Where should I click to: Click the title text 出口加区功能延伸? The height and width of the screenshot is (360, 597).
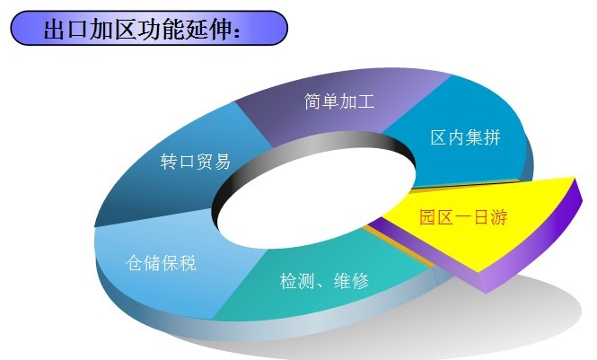[138, 29]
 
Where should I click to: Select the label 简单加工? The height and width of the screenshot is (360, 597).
[339, 101]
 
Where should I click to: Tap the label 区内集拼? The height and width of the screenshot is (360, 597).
[465, 137]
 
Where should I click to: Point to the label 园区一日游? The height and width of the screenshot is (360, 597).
[463, 217]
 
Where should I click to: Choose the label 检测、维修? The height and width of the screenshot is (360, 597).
[324, 281]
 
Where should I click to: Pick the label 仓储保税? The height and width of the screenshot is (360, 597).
[161, 262]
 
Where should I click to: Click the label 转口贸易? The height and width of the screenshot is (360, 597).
[196, 162]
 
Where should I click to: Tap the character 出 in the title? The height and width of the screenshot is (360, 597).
[55, 29]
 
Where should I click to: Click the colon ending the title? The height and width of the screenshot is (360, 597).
[237, 32]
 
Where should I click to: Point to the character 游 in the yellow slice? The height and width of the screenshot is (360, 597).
[499, 217]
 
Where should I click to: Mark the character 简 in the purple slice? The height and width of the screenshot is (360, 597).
[313, 101]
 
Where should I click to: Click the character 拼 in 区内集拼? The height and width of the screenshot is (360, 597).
[492, 137]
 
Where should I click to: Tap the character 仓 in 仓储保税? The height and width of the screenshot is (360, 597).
[135, 262]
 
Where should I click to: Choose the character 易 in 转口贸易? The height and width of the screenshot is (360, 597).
[222, 162]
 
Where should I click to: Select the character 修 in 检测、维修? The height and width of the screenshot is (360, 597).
[361, 281]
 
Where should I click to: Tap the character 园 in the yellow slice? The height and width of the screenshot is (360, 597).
[428, 217]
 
